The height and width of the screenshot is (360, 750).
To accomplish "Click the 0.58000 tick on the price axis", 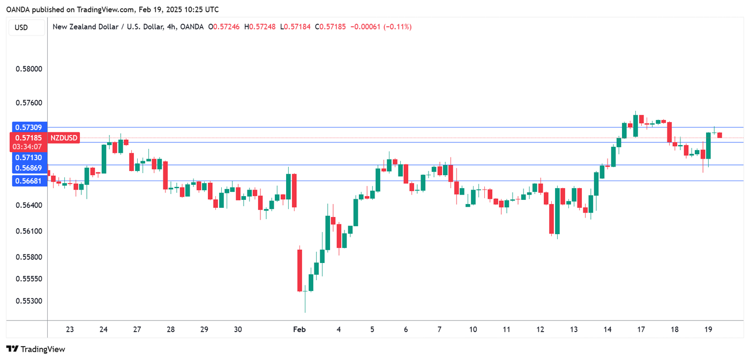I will pyautogui.click(x=28, y=69).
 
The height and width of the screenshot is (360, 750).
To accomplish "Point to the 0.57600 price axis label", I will pyautogui.click(x=28, y=103).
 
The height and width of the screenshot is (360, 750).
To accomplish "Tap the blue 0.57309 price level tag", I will pyautogui.click(x=28, y=127).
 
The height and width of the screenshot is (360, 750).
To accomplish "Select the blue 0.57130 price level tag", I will pyautogui.click(x=28, y=157).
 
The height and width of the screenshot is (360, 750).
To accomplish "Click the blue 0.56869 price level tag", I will pyautogui.click(x=28, y=168).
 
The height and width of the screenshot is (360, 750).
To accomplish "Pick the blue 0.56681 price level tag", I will pyautogui.click(x=28, y=182).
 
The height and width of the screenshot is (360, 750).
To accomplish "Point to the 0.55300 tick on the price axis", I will pyautogui.click(x=28, y=301).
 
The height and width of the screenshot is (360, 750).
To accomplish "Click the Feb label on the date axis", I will pyautogui.click(x=299, y=329).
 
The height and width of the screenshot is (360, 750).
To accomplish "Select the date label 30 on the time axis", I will pyautogui.click(x=238, y=329).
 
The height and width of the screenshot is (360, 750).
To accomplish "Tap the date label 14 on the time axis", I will pyautogui.click(x=607, y=329).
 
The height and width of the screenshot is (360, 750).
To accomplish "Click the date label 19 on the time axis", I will pyautogui.click(x=708, y=329).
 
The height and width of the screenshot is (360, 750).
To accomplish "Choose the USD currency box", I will pyautogui.click(x=21, y=27).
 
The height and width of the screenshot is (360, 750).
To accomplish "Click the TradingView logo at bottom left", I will pyautogui.click(x=36, y=349).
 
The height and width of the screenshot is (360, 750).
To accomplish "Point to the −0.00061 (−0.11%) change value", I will pyautogui.click(x=380, y=27).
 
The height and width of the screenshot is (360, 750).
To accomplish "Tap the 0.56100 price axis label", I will pyautogui.click(x=28, y=231).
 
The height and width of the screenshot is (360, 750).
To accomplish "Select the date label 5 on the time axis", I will pyautogui.click(x=372, y=329).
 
